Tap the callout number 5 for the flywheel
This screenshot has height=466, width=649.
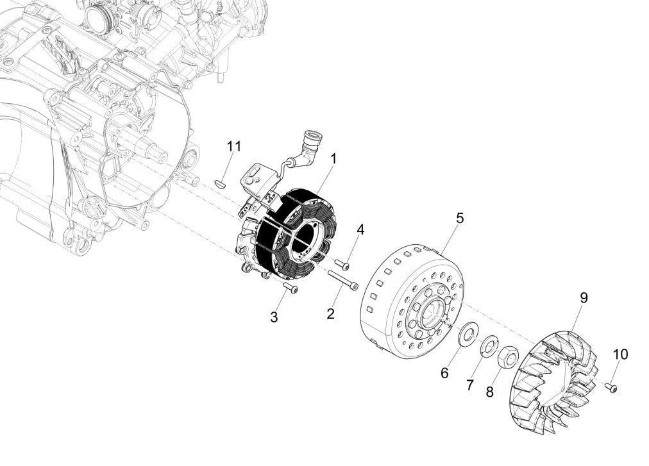pyautogui.click(x=459, y=217)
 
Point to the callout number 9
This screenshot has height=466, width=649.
pyautogui.click(x=584, y=297)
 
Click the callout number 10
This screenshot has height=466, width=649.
pyautogui.click(x=620, y=354)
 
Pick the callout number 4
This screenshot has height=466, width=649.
pyautogui.click(x=360, y=229)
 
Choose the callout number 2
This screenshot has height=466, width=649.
pyautogui.click(x=330, y=313)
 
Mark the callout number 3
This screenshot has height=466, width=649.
pyautogui.click(x=274, y=317)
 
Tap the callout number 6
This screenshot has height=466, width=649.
pyautogui.click(x=444, y=372)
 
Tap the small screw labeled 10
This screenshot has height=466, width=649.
pyautogui.click(x=612, y=387)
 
